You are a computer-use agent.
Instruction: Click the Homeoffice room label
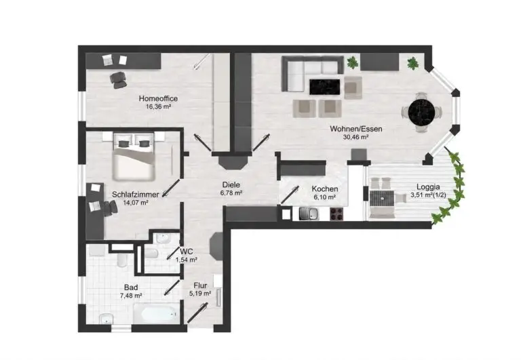(x=158, y=98)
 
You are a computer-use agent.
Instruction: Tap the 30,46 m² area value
(x=355, y=137)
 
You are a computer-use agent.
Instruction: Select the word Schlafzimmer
(x=135, y=195)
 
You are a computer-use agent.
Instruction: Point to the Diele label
(x=231, y=185)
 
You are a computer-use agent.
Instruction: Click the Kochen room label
(x=325, y=189)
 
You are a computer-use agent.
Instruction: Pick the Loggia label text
(x=428, y=187)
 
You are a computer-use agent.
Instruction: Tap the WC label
(x=186, y=252)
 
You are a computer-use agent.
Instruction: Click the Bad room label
(x=131, y=287)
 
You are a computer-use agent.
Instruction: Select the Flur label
(x=200, y=285)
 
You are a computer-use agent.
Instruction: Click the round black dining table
(x=421, y=112)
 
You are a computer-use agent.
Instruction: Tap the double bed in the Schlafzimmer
(x=134, y=157)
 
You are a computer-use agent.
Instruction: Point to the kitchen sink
(x=309, y=214)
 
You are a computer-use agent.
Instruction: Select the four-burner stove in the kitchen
(x=336, y=214)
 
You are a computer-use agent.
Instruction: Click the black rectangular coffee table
(x=325, y=87)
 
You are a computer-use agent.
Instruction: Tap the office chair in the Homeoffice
(x=118, y=80)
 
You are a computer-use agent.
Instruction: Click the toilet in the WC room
(x=151, y=254)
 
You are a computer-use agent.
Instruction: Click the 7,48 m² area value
(x=131, y=296)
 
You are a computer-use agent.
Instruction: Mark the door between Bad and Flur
(x=172, y=287)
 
